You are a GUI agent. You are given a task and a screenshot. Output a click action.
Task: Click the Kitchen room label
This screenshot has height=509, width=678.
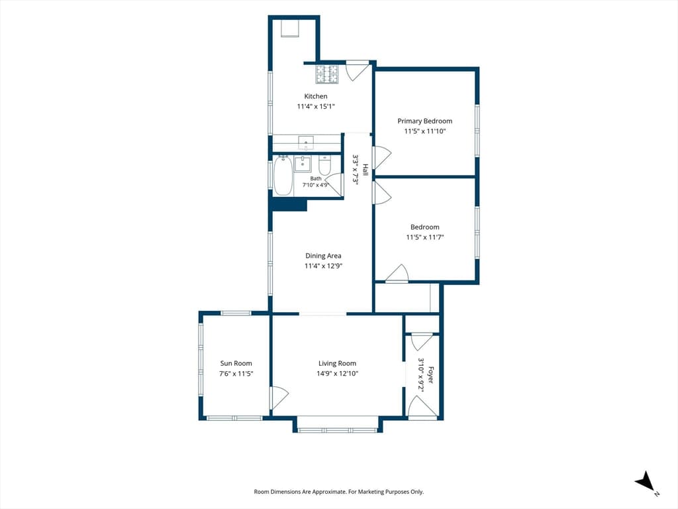tap(316, 96)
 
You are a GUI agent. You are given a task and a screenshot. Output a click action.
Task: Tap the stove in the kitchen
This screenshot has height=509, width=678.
tap(327, 74)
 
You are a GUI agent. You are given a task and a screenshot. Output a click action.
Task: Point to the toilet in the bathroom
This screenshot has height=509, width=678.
tap(324, 165)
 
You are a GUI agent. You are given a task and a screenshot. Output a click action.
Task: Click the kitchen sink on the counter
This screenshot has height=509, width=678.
tap(306, 141)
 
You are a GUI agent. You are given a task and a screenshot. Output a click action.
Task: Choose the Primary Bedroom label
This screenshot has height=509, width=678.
tap(424, 121)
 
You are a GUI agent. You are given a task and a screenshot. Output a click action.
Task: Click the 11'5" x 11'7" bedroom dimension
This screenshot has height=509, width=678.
tap(424, 237)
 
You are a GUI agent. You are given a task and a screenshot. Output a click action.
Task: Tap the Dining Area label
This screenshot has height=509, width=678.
tap(323, 256)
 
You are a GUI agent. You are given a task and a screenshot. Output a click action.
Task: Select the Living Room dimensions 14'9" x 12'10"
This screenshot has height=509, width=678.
tap(337, 374)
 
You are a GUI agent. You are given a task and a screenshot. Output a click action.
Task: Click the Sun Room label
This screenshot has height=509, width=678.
tap(236, 364)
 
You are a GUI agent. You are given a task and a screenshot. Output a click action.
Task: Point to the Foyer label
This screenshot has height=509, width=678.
tap(430, 375)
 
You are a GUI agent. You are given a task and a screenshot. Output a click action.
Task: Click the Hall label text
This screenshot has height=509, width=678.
tap(365, 169)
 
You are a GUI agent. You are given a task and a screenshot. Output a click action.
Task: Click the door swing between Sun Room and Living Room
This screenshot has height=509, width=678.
tap(279, 398)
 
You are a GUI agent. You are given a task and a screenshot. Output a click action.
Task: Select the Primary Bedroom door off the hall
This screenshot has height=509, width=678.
tap(382, 158)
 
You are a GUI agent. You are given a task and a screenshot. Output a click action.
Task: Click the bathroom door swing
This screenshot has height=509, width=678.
tap(334, 185)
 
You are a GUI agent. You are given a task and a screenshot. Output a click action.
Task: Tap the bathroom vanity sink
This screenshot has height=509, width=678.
tap(303, 164)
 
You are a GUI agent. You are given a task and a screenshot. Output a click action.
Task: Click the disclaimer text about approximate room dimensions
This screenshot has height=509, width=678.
tap(338, 492)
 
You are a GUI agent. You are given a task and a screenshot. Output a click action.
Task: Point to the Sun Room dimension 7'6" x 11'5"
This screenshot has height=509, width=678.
tap(236, 374)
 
